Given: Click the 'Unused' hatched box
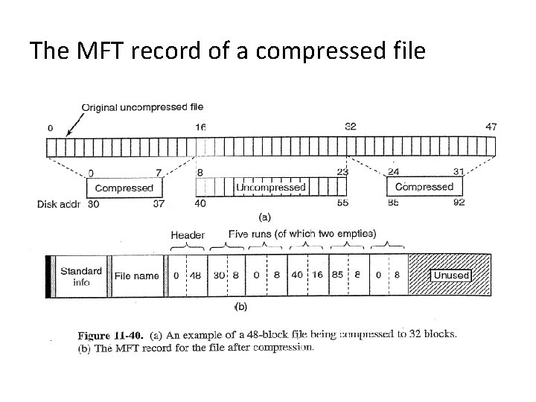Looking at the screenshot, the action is (x=451, y=275).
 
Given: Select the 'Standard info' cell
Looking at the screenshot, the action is (x=81, y=276).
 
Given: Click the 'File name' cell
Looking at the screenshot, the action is (x=136, y=275).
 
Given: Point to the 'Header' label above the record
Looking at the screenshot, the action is (x=188, y=234).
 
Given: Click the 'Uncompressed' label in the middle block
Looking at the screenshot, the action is (x=270, y=188).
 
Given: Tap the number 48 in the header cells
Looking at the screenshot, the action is (x=194, y=275).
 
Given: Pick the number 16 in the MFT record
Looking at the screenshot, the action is (x=316, y=275).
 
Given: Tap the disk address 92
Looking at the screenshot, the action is (x=459, y=202).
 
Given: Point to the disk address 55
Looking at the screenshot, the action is (x=342, y=202).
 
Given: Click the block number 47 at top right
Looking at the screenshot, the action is (x=491, y=127).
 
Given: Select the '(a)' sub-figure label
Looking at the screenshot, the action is (x=264, y=218).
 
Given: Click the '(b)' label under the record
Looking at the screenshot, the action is (x=240, y=306).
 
